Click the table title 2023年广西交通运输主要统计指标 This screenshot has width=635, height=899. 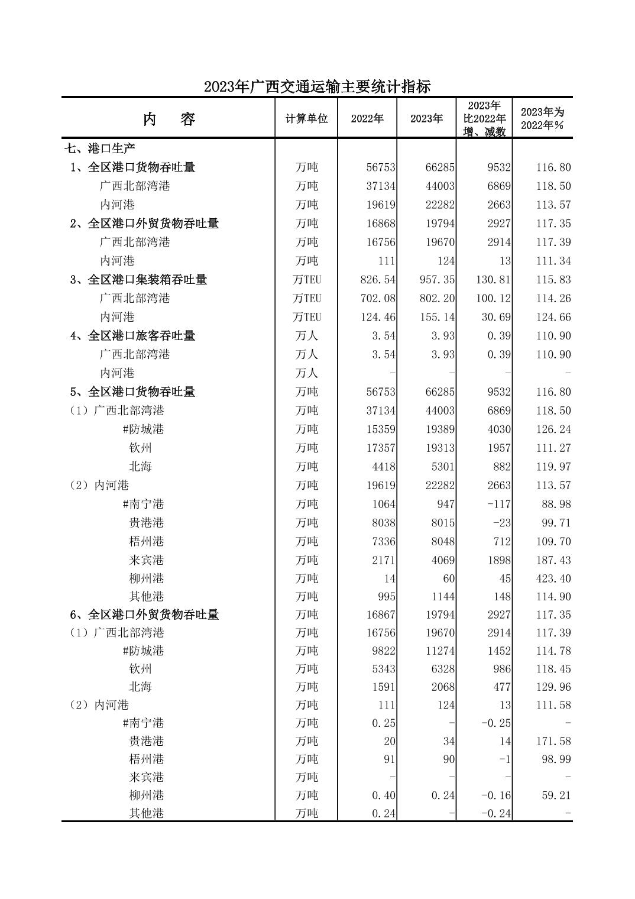[317, 87]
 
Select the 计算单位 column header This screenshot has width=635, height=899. [306, 118]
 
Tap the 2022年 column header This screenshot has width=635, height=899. [367, 118]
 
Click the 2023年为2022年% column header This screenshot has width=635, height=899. [542, 118]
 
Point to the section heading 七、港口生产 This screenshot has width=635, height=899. [101, 148]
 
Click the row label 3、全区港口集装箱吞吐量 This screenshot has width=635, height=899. [138, 280]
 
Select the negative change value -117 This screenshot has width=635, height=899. [499, 504]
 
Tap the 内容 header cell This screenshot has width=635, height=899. [169, 119]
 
